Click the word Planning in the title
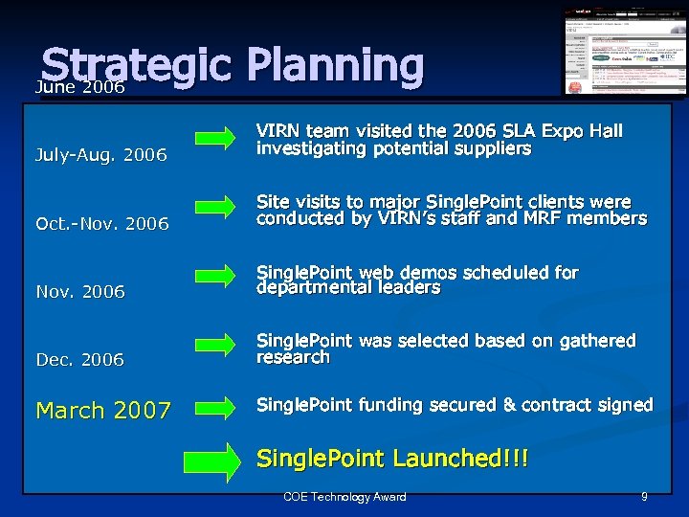coord(335,65)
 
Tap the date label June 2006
coord(80,87)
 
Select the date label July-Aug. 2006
coord(101,155)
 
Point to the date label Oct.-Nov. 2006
coord(101,224)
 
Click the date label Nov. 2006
coord(80,292)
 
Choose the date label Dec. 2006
coord(80,360)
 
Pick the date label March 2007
coord(103,411)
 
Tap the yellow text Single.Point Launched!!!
coord(392,460)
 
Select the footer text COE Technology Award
coord(344,497)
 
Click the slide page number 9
coord(644,497)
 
